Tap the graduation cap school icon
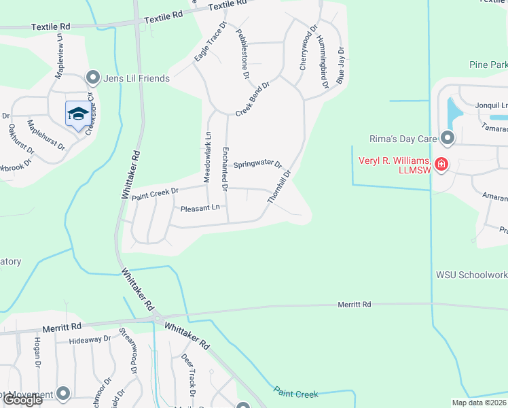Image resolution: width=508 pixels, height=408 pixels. pyautogui.click(x=78, y=114)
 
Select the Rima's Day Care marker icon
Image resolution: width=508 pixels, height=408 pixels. pyautogui.click(x=447, y=139)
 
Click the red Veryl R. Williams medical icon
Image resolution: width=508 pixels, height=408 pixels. pyautogui.click(x=441, y=165)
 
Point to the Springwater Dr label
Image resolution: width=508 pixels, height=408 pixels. pyautogui.click(x=257, y=165)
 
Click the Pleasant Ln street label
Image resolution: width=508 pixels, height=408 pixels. pyautogui.click(x=200, y=208)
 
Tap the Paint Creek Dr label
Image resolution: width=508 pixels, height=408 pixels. pyautogui.click(x=155, y=194)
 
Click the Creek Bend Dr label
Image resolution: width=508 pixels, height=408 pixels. pyautogui.click(x=253, y=100)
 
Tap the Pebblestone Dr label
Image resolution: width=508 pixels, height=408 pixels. pyautogui.click(x=242, y=53)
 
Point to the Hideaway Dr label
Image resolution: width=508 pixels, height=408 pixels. pyautogui.click(x=90, y=339)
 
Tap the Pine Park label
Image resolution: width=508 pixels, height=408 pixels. pyautogui.click(x=488, y=65)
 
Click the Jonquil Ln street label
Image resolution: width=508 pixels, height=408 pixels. pyautogui.click(x=491, y=105)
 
